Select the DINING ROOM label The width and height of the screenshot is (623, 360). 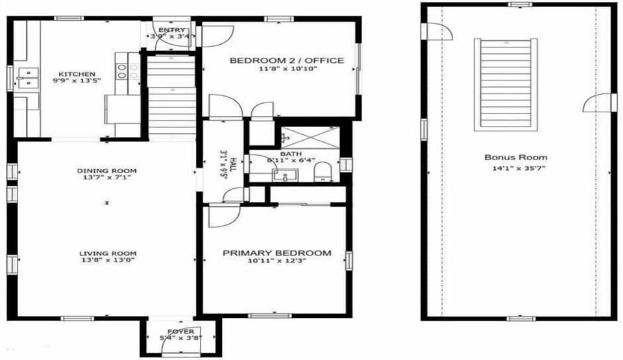(106, 171)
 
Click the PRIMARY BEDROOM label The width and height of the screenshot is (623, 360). (277, 253)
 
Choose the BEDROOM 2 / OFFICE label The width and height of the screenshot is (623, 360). (287, 60)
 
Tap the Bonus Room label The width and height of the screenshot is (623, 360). (515, 157)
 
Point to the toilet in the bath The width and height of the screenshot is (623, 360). (323, 172)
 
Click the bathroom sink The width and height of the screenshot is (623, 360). (285, 174)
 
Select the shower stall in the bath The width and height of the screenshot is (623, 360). (309, 138)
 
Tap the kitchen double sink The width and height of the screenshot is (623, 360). (27, 78)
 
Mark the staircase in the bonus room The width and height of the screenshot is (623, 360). (506, 84)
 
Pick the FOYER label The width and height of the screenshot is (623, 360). (180, 331)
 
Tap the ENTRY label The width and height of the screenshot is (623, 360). (171, 30)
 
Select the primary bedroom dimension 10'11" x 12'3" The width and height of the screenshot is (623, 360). (277, 261)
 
